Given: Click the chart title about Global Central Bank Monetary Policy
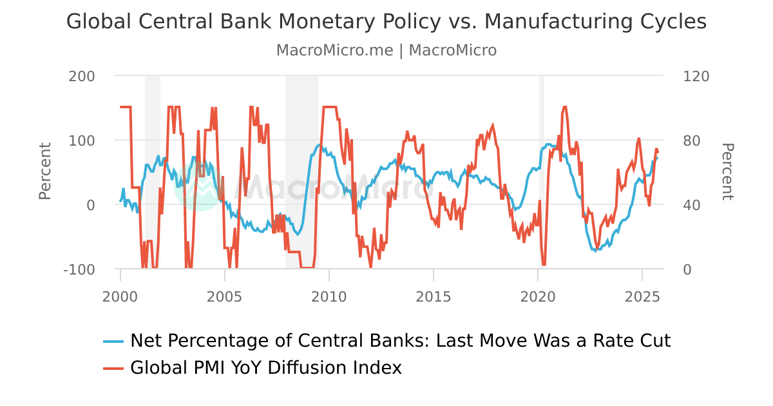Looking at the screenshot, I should point(386,22).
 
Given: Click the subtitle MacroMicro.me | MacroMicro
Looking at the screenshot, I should point(386,50).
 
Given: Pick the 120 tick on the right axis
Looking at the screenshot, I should point(696,76).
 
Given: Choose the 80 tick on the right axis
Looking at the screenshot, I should point(692,140).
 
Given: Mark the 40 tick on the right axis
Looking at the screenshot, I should point(692,205).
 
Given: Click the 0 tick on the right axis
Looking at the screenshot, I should point(687,269).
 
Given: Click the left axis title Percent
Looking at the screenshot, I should point(44,171).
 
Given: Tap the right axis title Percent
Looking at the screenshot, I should point(727,171).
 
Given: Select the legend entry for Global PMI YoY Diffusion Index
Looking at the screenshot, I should point(265,368).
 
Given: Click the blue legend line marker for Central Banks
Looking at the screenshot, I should point(113,341).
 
